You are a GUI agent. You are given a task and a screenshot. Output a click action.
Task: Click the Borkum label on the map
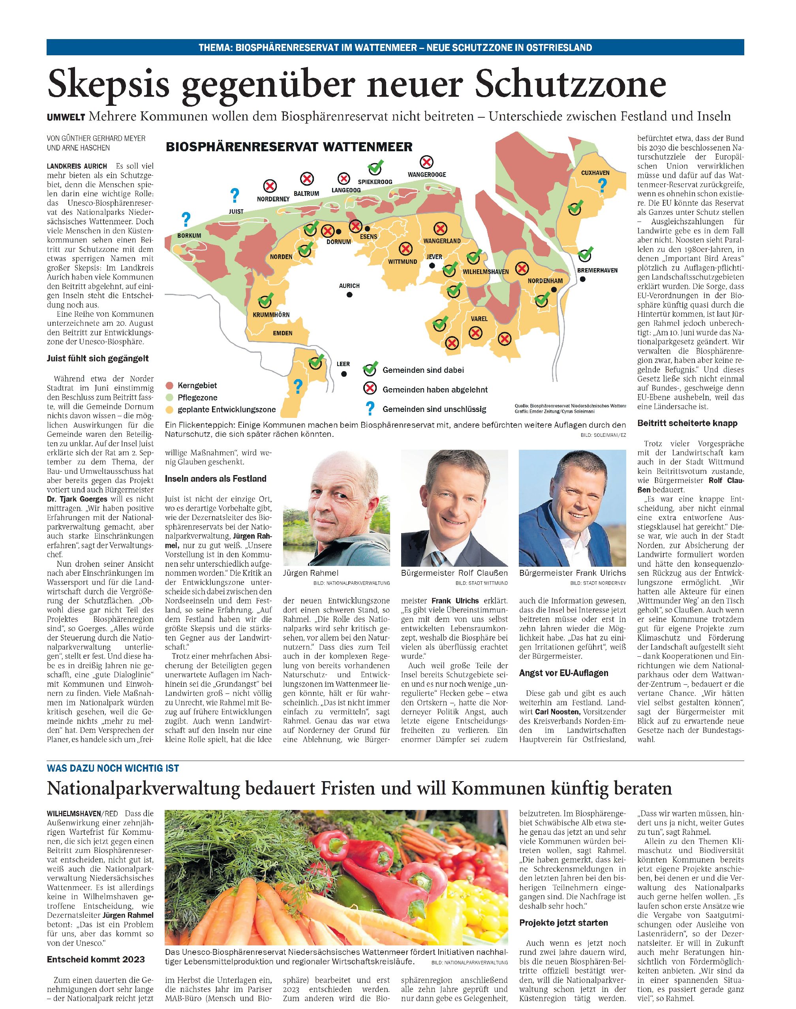pos(189,235)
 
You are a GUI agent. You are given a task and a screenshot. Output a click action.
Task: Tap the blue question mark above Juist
pos(235,196)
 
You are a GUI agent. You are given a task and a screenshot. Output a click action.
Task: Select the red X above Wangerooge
pos(426,162)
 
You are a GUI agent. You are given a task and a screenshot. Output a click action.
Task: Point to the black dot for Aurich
pos(349,295)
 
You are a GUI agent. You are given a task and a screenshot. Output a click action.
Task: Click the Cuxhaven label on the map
pos(595,173)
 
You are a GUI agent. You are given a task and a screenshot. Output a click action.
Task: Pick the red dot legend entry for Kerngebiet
pos(170,385)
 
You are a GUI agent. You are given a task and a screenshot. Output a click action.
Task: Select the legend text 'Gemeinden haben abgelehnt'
pos(435,390)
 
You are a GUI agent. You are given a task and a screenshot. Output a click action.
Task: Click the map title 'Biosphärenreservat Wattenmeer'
pos(289,147)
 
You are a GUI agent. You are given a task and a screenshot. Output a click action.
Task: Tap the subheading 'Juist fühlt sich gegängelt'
pos(98,359)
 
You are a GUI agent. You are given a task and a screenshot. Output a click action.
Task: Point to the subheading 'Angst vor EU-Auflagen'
pos(563,673)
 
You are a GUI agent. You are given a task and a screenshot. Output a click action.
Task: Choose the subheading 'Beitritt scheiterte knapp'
pos(687,423)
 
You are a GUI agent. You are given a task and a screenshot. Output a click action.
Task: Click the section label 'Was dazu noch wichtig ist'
pos(113,768)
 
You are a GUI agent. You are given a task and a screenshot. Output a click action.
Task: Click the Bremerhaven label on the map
pos(597,270)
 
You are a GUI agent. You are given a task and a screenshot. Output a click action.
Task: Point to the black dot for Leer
pos(344,374)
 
